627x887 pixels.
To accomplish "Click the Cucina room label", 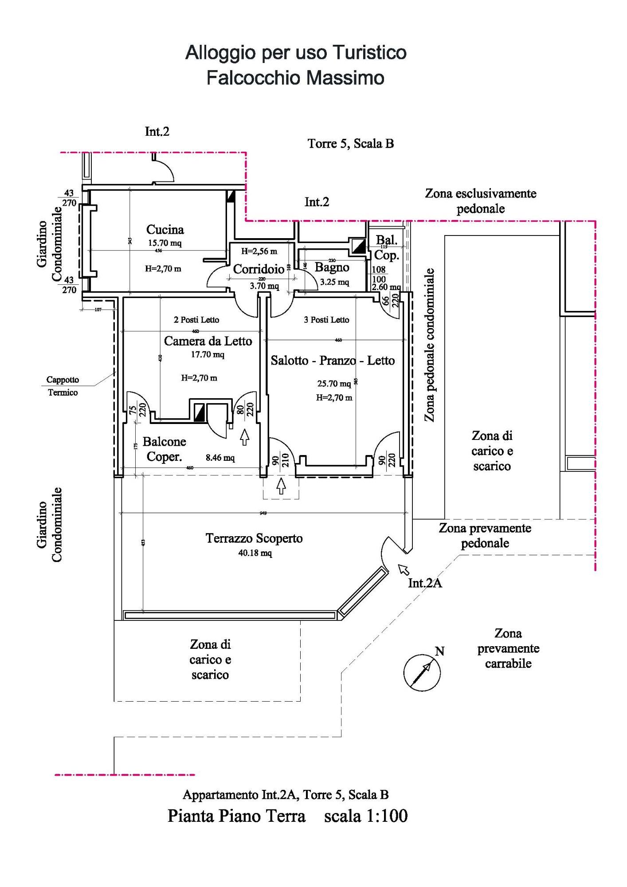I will pos(165,230).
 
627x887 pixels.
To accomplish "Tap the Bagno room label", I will pos(332,267).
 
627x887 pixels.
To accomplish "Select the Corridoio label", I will pos(259,269).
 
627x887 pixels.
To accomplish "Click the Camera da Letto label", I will pos(208,341).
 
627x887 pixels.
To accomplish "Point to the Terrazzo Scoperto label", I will pos(254,538).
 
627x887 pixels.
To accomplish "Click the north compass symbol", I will pos(422,672).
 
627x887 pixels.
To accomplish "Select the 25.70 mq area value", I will pos(334,384).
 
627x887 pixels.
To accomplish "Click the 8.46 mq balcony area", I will pos(220,458).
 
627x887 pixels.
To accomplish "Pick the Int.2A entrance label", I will pos(425,583).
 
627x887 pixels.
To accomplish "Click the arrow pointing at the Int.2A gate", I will pos(404,569).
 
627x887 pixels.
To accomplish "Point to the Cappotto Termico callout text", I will pos(63,386).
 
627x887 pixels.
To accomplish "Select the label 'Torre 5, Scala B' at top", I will pos(351,144).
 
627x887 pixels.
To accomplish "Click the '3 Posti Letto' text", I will pos(326,320).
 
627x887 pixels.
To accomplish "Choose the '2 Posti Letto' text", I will pos(196,320).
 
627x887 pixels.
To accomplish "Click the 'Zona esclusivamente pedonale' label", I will pos(481,201).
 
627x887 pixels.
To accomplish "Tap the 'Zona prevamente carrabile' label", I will pos(508,648).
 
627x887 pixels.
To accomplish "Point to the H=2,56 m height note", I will pos(259,251).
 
